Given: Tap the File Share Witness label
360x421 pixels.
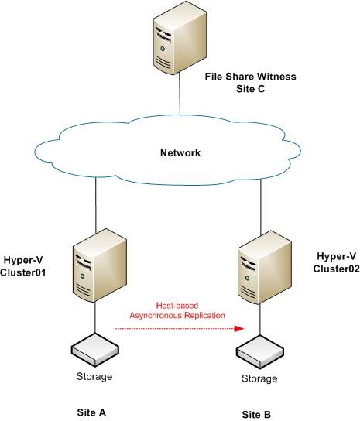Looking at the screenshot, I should [x=251, y=77].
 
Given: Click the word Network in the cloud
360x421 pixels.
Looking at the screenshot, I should [x=179, y=152].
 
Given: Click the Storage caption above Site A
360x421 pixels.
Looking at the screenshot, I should [x=96, y=377].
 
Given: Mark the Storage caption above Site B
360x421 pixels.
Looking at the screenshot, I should [x=259, y=378].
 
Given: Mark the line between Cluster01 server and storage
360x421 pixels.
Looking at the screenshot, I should [x=95, y=319].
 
